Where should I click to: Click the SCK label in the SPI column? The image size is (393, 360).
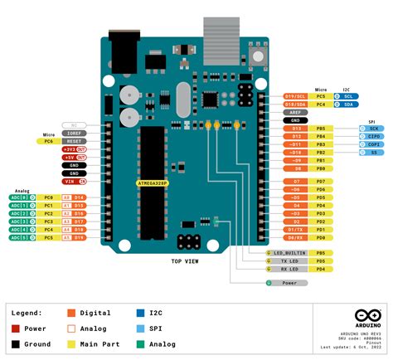[373, 129]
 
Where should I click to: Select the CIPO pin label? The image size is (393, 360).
[373, 136]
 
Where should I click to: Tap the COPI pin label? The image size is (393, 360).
[373, 144]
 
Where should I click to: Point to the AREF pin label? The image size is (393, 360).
[296, 112]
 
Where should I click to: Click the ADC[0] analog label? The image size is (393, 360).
[20, 197]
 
